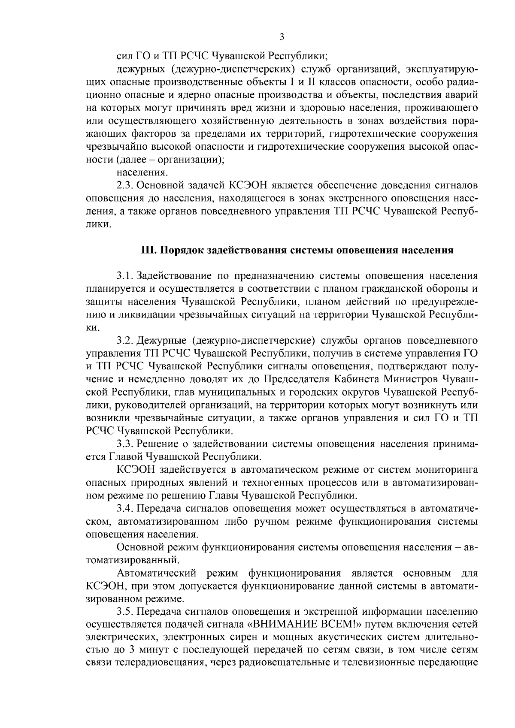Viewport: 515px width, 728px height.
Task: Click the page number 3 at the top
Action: tap(282, 37)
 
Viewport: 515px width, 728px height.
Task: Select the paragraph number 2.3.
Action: tap(126, 186)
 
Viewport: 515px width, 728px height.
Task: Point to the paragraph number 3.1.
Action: tap(126, 275)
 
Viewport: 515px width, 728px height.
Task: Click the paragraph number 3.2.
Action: tap(126, 341)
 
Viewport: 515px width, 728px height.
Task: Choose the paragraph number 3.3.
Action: tap(126, 444)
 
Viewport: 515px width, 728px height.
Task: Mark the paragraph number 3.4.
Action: tap(126, 509)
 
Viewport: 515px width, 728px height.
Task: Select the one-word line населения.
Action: tap(142, 173)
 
